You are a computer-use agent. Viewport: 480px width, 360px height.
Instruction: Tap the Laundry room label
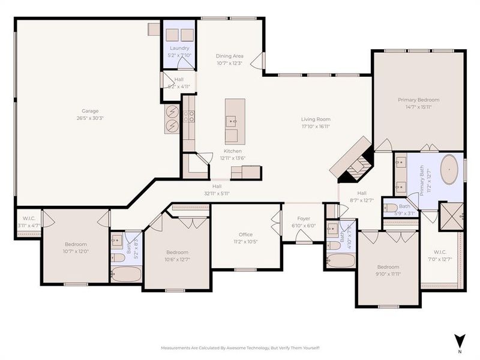(179, 48)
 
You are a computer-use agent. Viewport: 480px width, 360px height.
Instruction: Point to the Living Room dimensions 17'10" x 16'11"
(316, 127)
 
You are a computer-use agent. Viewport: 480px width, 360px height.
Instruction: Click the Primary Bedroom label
(419, 100)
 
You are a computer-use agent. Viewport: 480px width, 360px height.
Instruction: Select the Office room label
(245, 235)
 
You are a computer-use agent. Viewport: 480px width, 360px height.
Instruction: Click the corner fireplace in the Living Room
(355, 160)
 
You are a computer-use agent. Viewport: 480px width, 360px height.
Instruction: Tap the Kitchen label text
(233, 151)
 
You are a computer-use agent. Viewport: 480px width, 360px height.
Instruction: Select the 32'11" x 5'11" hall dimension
(217, 193)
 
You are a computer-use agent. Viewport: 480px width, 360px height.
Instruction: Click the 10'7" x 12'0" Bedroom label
(76, 244)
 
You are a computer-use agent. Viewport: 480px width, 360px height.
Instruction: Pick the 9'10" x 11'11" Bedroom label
(388, 267)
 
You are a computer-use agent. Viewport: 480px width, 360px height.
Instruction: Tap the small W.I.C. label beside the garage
(29, 218)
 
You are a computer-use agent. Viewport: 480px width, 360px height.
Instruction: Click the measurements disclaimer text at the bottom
(240, 348)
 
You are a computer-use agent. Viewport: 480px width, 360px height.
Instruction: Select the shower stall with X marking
(451, 216)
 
